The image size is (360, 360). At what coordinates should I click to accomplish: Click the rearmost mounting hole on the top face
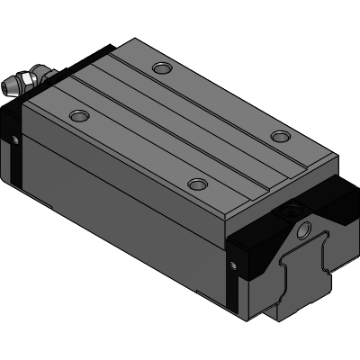pos(161,68)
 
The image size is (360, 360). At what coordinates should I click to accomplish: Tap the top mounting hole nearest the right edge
pos(282,137)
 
